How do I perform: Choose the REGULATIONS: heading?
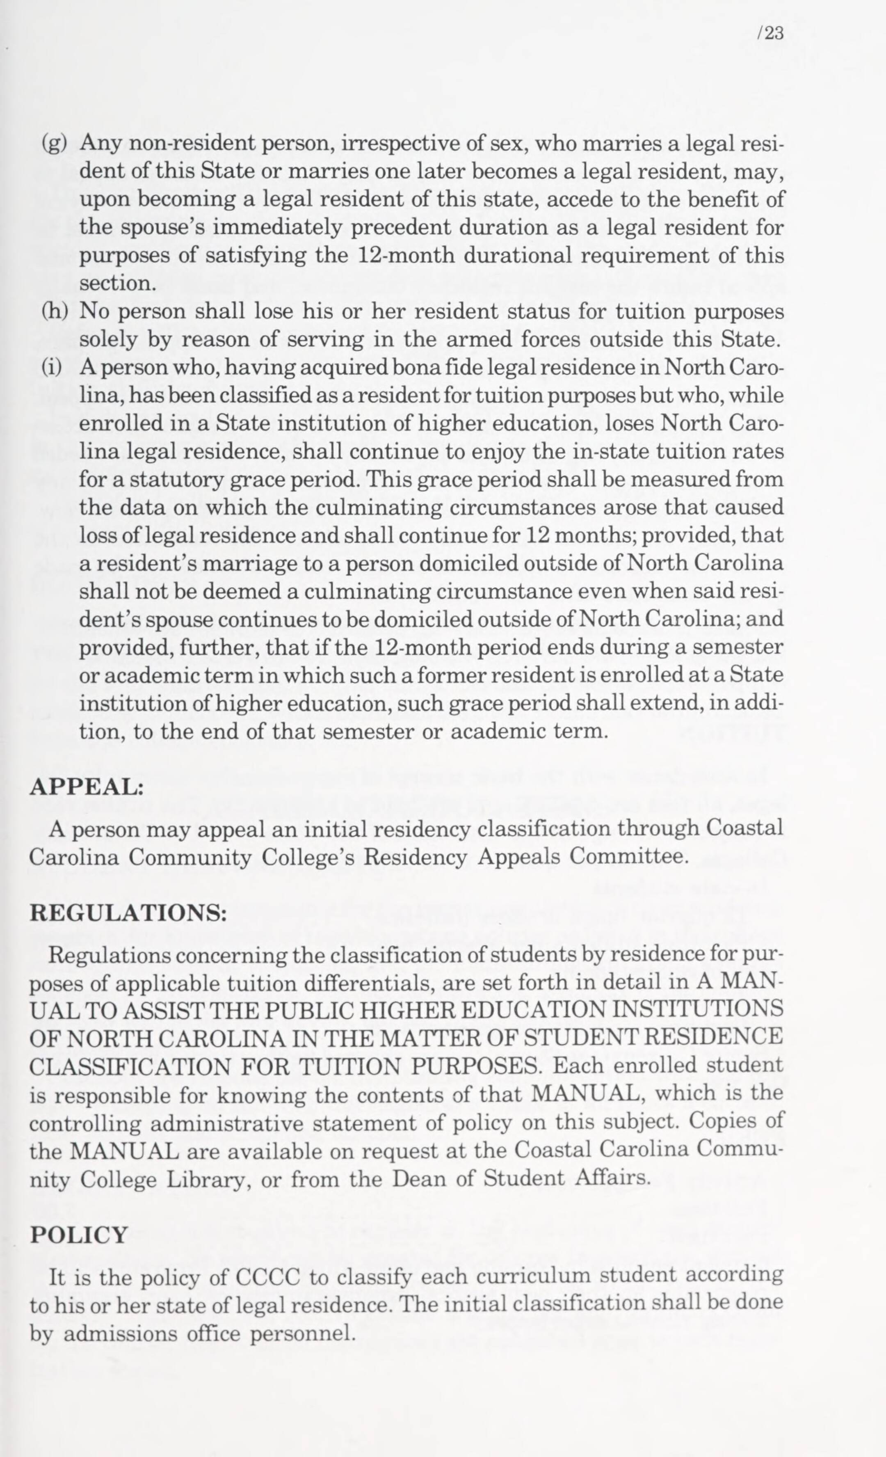pyautogui.click(x=128, y=913)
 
